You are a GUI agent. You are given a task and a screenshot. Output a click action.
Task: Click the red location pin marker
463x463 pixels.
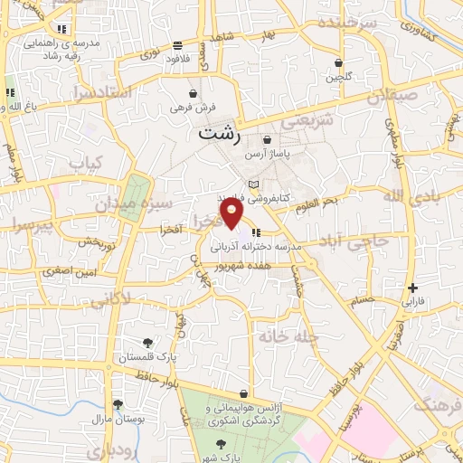point(232,213)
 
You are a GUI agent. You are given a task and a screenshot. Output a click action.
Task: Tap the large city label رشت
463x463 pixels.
point(220,134)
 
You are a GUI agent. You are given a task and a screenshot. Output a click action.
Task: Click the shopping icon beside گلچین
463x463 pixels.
point(339,63)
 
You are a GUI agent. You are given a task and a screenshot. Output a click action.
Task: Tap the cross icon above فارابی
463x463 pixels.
point(412,288)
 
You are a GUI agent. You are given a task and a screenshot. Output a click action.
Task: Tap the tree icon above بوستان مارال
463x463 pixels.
point(117,404)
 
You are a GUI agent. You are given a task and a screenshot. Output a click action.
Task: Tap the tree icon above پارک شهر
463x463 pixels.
point(222,444)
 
